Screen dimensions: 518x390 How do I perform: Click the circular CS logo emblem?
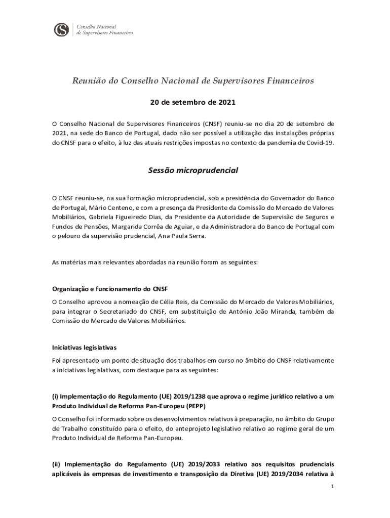(x=61, y=29)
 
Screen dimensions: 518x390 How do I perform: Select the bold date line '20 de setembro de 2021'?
(x=193, y=102)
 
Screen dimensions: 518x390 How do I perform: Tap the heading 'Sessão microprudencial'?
(x=193, y=170)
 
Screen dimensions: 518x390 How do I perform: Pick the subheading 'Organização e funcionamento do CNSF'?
(x=103, y=289)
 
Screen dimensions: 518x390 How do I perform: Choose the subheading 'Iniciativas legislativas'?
(x=84, y=348)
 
